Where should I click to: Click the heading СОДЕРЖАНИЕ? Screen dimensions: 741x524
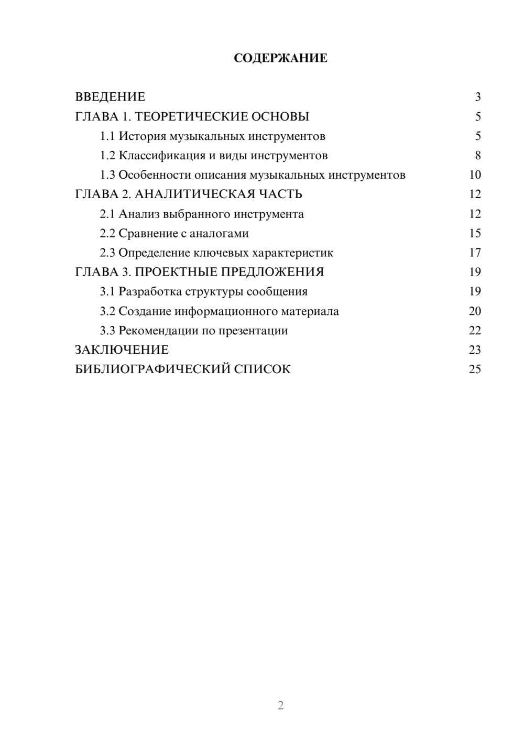pos(280,58)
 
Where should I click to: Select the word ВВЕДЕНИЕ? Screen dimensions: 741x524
pos(110,97)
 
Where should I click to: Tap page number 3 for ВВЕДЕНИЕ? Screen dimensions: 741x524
pos(477,97)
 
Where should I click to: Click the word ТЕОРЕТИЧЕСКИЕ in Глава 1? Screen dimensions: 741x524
pos(191,116)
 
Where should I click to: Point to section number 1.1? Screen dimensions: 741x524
pos(107,136)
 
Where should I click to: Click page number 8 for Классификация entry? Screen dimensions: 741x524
pos(477,156)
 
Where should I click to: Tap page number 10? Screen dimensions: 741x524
pos(475,175)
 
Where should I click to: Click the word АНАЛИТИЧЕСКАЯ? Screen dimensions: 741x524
pos(193,194)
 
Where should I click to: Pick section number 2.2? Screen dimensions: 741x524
pos(107,233)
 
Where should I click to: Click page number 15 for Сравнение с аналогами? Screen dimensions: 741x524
pos(475,233)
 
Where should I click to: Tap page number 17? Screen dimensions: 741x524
pos(475,253)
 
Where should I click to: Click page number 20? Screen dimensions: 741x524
pos(475,311)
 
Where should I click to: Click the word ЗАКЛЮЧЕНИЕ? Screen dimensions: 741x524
pos(122,350)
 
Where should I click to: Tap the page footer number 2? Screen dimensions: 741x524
pos(280,705)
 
